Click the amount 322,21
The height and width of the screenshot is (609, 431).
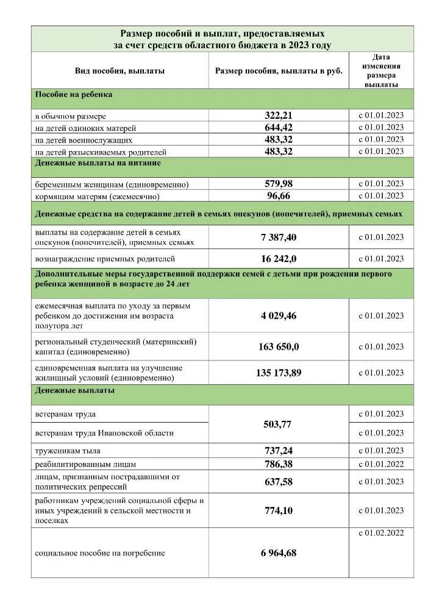click(x=279, y=115)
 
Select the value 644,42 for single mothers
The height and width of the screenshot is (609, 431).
click(x=279, y=127)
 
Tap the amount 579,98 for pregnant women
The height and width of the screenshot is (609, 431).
click(x=279, y=183)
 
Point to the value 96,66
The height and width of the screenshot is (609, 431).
click(x=279, y=195)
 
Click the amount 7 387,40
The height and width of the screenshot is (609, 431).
click(x=279, y=237)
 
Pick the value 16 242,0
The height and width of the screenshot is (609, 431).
click(x=279, y=258)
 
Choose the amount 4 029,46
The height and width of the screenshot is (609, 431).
click(x=279, y=315)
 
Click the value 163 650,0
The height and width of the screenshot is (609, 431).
click(x=279, y=347)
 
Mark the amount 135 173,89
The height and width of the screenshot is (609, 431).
click(x=279, y=373)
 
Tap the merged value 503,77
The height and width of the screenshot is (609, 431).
click(x=279, y=424)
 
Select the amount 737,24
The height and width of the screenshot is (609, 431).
click(x=279, y=451)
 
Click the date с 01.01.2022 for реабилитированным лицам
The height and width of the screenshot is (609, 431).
click(x=381, y=464)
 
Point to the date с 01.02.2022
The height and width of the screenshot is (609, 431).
click(x=381, y=533)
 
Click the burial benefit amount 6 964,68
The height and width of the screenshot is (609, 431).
click(x=279, y=553)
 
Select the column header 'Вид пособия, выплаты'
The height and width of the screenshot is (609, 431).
click(x=119, y=71)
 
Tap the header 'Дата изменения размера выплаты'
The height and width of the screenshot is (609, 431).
click(x=381, y=71)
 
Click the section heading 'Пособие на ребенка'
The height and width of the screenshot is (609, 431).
click(x=74, y=95)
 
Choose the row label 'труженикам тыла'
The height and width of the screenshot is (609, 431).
click(x=68, y=451)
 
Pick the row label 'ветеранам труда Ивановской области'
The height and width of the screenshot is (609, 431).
click(x=104, y=433)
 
